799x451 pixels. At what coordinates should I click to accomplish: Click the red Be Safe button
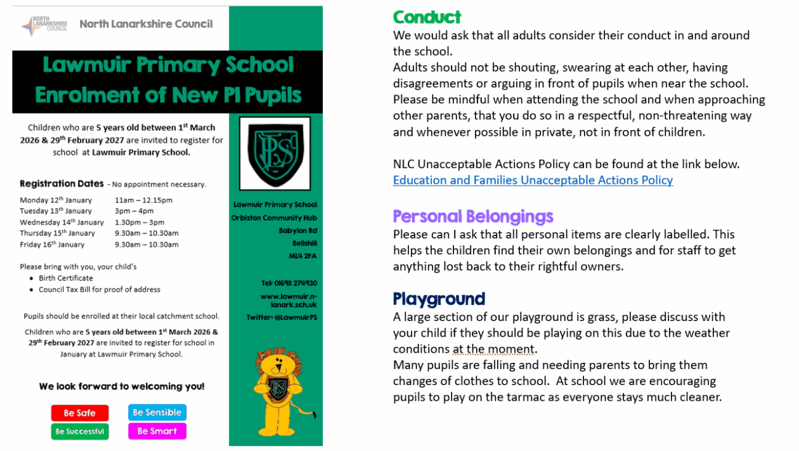[x=79, y=413]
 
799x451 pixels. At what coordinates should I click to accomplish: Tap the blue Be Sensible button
[x=157, y=412]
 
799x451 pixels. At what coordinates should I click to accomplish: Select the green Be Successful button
[x=79, y=431]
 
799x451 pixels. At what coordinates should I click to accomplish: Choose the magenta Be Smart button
[x=157, y=431]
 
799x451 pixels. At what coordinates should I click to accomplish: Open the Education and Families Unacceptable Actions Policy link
[x=533, y=180]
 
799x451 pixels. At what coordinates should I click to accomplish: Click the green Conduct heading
[x=427, y=17]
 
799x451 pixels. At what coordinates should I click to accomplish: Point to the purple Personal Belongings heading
[x=473, y=216]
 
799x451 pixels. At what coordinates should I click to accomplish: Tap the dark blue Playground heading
[x=439, y=299]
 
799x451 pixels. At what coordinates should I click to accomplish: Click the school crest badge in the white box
[x=275, y=153]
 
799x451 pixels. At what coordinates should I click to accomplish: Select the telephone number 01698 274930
[x=289, y=284]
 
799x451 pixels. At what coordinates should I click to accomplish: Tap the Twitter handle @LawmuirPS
[x=282, y=317]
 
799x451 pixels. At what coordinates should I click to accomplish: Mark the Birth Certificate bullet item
[x=65, y=278]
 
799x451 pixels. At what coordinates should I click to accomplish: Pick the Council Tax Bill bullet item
[x=99, y=289]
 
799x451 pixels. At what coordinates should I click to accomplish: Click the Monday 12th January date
[x=56, y=200]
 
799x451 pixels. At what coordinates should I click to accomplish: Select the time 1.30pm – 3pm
[x=139, y=222]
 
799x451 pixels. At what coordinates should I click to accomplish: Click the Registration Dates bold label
[x=62, y=184]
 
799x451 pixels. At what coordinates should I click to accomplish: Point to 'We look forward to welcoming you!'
[x=121, y=386]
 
